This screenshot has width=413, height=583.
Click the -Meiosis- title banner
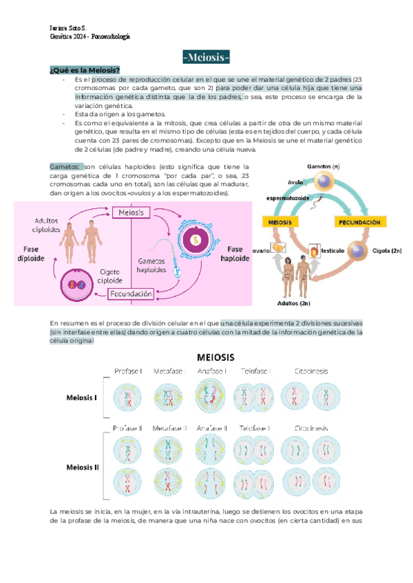coord(206,56)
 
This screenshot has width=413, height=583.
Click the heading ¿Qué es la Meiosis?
coord(85,70)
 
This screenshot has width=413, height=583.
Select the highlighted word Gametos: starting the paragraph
coord(66,166)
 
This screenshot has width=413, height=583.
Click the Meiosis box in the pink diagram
coord(131,213)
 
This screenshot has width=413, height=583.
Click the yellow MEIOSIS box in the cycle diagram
coord(278,223)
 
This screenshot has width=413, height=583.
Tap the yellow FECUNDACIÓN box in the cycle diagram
coord(358,223)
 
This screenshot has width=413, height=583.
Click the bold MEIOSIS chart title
coord(216,357)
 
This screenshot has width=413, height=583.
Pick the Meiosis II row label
coord(83,467)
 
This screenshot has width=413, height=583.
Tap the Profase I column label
coord(127,371)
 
